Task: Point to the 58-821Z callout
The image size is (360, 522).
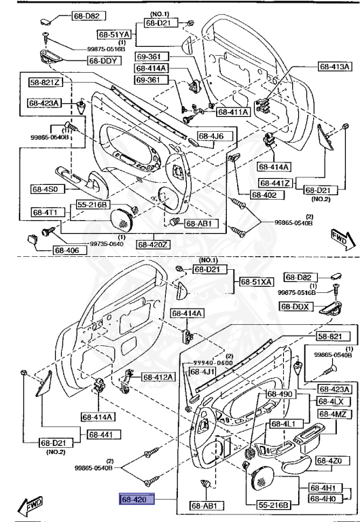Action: pos(45,82)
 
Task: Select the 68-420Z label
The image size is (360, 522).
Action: pos(156,244)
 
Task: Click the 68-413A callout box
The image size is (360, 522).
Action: pos(335,67)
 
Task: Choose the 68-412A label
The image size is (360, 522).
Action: pos(158,377)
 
